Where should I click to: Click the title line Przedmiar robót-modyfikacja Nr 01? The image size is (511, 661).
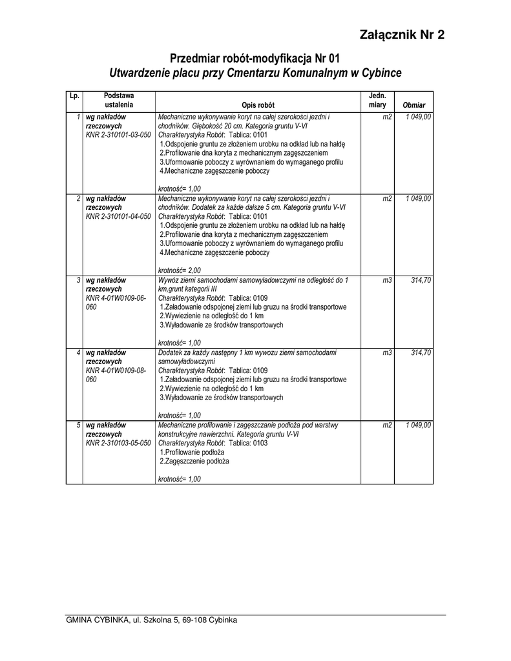click(255, 58)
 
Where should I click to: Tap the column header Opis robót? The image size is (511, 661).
click(258, 105)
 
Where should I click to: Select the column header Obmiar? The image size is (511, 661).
click(413, 105)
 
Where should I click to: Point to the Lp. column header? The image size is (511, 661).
click(74, 96)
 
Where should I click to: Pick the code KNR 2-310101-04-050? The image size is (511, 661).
click(118, 216)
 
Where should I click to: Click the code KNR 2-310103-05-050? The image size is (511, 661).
click(118, 443)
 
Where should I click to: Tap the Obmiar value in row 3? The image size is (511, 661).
click(421, 280)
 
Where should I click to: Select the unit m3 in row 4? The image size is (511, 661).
click(387, 352)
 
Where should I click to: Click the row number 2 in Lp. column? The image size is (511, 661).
click(78, 198)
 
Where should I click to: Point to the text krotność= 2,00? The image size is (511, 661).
click(180, 270)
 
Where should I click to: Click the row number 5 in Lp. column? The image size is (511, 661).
click(78, 425)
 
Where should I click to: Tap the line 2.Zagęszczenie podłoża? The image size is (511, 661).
click(194, 462)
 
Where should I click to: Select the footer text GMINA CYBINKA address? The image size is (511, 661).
click(151, 620)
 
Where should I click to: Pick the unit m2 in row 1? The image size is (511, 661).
click(387, 117)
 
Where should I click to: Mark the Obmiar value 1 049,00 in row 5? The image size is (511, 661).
click(419, 425)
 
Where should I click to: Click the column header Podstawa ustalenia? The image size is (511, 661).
click(118, 100)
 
